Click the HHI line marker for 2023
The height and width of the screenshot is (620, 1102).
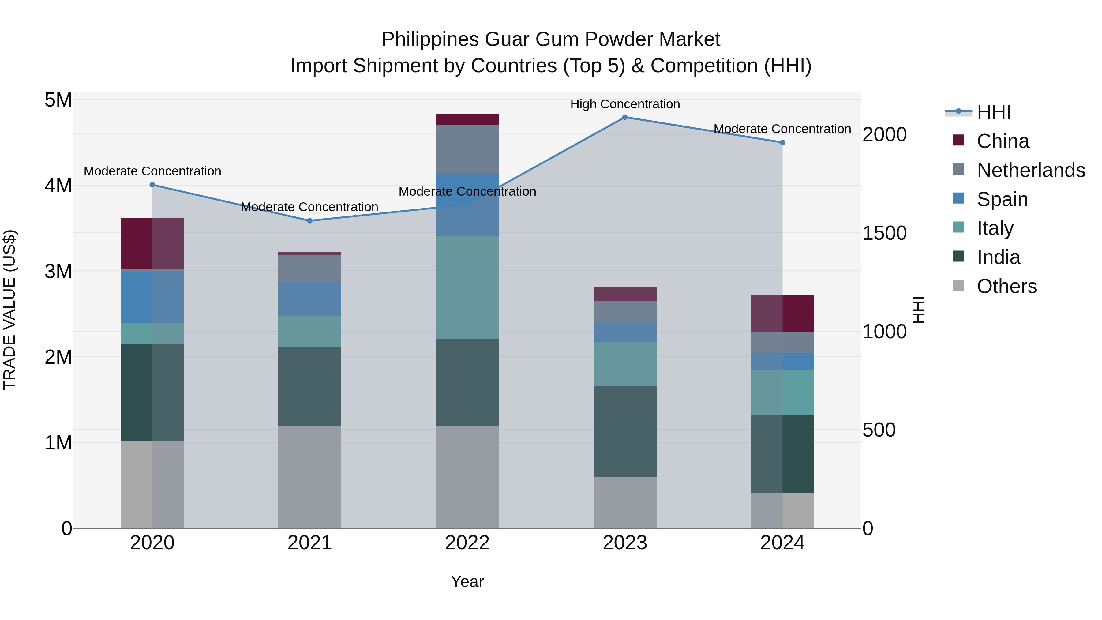coord(624,117)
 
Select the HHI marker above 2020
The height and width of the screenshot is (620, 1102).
coord(152,185)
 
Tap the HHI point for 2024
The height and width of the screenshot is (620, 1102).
coord(782,142)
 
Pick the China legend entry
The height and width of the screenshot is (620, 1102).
coord(1002,141)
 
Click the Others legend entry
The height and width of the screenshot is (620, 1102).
coord(1006,286)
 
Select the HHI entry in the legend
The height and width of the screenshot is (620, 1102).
coord(993,112)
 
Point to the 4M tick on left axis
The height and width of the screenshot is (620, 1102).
coord(58,186)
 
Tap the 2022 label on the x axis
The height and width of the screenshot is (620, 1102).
coord(467,543)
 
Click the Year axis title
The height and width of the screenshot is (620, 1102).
coord(467,581)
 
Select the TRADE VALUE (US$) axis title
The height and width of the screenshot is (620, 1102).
coord(9,310)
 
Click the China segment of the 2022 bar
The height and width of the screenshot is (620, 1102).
coord(467,119)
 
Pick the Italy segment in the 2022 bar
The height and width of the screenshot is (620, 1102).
coord(467,287)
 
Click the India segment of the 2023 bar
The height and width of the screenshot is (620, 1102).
coord(624,432)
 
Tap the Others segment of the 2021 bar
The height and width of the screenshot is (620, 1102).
coord(310,477)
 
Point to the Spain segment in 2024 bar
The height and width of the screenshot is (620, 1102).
coord(782,361)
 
